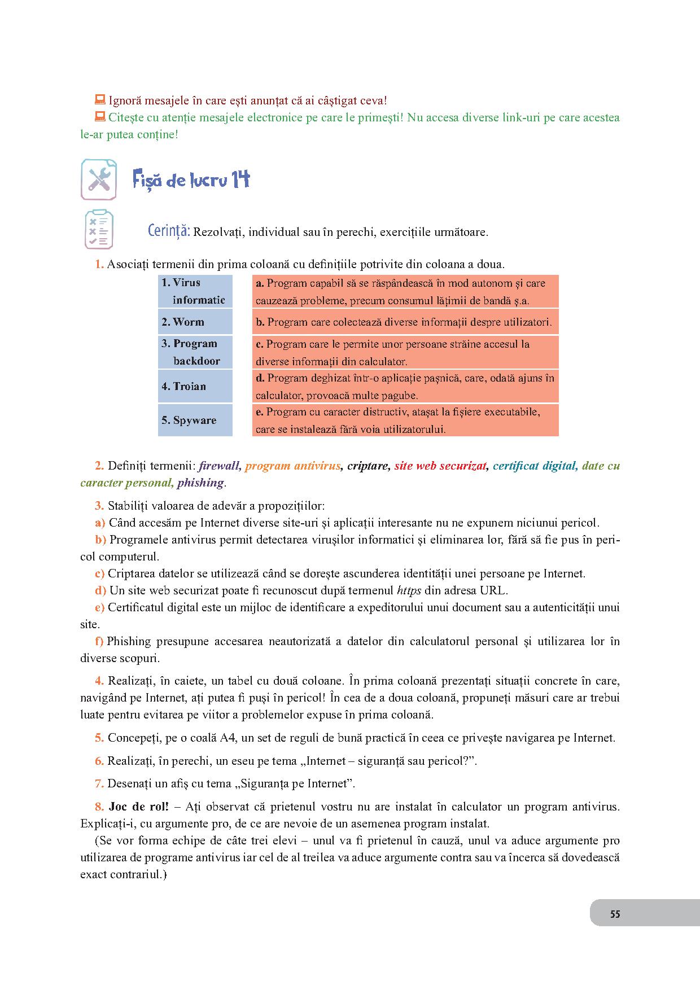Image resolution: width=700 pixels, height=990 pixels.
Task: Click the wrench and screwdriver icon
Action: [x=99, y=179]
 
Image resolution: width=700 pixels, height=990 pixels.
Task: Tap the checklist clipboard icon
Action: [x=99, y=230]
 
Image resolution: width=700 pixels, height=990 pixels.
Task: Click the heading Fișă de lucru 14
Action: [x=191, y=180]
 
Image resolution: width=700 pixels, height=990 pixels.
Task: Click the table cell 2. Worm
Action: [x=195, y=322]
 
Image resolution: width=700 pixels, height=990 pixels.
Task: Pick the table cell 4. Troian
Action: [x=195, y=386]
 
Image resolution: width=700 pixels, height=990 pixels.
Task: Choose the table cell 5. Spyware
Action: [x=195, y=420]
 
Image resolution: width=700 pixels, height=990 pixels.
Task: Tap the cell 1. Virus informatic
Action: [x=195, y=291]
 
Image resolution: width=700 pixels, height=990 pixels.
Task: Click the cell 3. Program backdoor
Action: [x=195, y=352]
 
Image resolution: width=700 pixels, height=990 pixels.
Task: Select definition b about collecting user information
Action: [x=405, y=322]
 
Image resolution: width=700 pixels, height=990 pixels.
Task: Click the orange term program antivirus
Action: [x=293, y=466]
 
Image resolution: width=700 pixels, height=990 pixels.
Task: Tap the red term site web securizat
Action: [x=440, y=466]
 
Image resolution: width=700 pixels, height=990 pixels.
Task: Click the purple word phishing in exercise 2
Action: [x=200, y=483]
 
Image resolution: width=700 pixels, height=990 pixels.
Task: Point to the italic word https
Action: [x=409, y=591]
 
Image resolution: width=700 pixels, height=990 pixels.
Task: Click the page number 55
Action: [x=615, y=914]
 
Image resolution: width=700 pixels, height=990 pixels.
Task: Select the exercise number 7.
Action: [x=99, y=783]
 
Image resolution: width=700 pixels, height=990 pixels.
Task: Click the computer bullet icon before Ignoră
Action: [x=100, y=100]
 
